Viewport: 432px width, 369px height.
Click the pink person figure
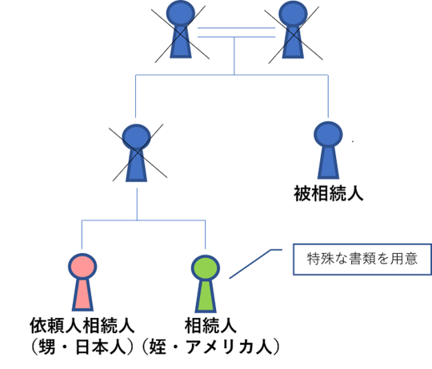(82, 282)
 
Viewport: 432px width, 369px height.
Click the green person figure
(206, 284)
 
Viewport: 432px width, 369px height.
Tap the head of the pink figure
(82, 266)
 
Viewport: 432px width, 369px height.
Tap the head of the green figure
(206, 268)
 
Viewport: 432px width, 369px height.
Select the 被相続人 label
(329, 193)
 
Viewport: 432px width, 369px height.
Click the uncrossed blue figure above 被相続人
(328, 150)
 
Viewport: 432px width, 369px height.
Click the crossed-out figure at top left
(181, 30)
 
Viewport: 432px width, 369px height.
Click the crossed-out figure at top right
(293, 30)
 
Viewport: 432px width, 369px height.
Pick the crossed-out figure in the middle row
(136, 153)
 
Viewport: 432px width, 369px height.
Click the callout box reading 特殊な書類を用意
(362, 259)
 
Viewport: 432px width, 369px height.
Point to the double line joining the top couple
(236, 32)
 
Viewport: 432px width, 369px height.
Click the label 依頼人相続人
(82, 325)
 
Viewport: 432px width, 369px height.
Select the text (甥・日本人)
(82, 347)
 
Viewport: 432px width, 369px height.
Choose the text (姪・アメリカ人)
(210, 347)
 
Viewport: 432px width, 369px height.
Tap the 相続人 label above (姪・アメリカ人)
(210, 325)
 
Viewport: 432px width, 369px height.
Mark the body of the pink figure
(82, 296)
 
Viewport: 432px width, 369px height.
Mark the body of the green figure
(206, 297)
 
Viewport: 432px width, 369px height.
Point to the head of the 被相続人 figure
(328, 134)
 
